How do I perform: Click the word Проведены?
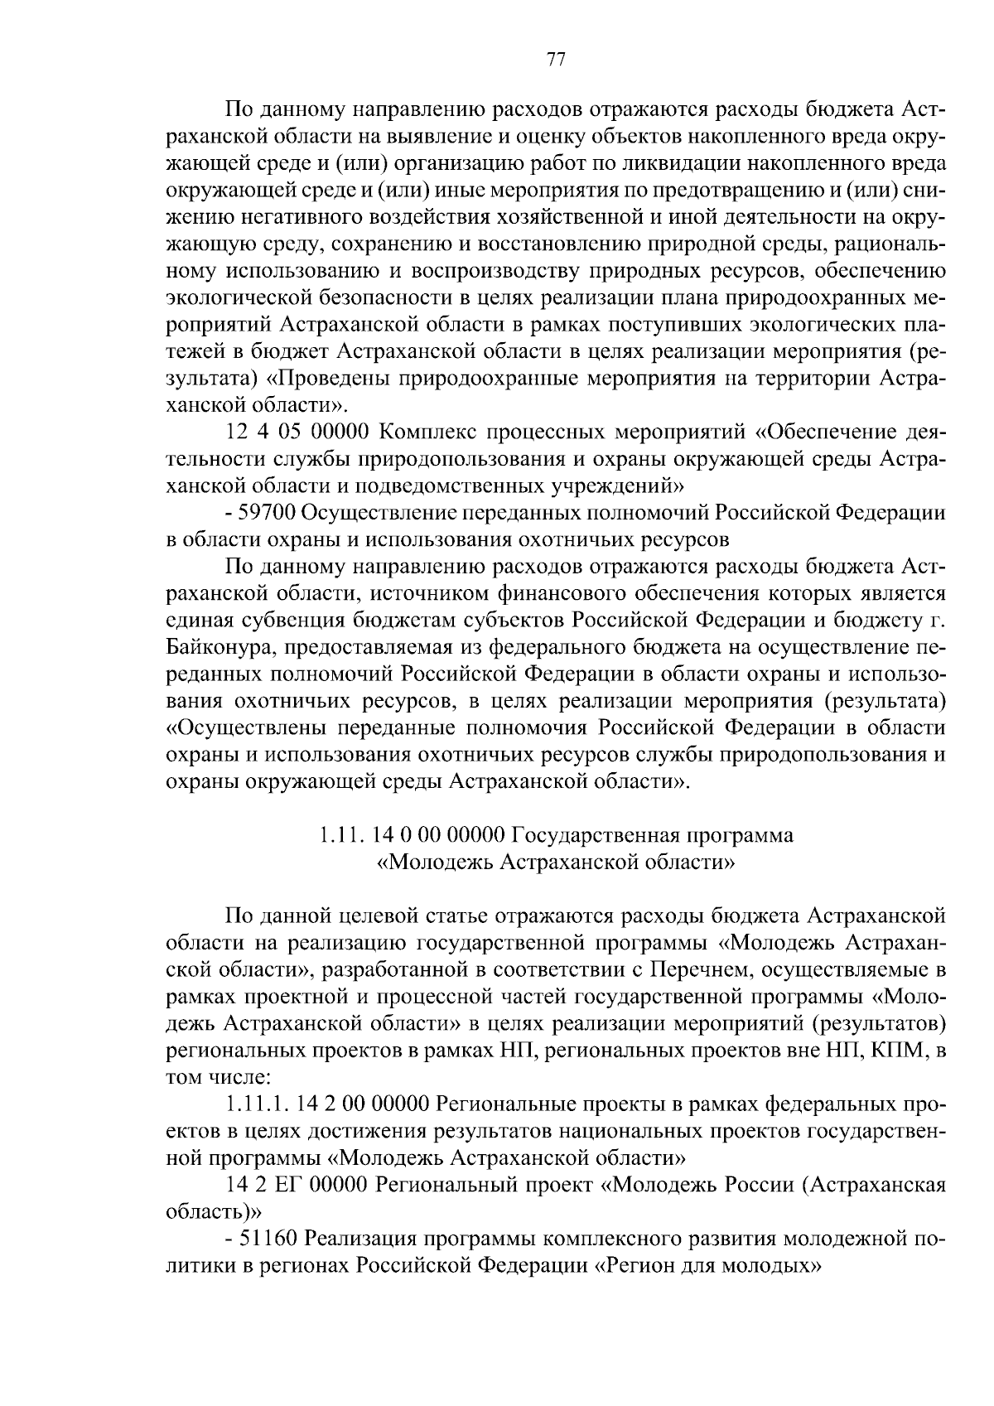tap(332, 379)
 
